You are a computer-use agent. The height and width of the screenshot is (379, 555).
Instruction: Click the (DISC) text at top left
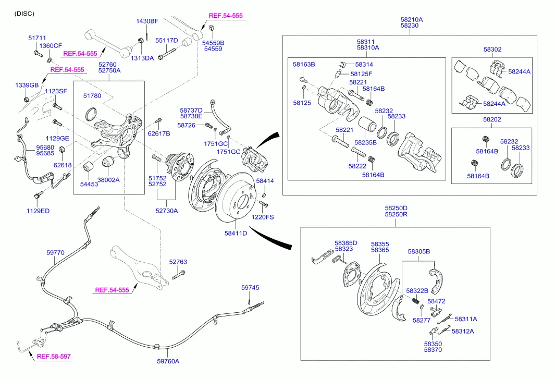pyautogui.click(x=24, y=14)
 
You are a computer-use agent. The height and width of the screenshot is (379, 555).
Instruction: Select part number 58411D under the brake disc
pyautogui.click(x=236, y=233)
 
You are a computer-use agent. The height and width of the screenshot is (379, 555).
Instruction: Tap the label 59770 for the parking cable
pyautogui.click(x=55, y=252)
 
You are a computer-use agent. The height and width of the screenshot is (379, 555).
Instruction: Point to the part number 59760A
pyautogui.click(x=168, y=361)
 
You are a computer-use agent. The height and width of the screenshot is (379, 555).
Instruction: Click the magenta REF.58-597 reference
pyautogui.click(x=54, y=357)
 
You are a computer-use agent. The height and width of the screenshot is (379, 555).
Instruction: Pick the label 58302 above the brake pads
pyautogui.click(x=492, y=50)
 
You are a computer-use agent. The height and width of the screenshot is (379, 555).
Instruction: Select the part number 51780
pyautogui.click(x=94, y=96)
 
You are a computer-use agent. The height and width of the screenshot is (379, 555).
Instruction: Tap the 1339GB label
pyautogui.click(x=27, y=85)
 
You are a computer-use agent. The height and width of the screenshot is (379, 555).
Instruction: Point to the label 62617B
pyautogui.click(x=158, y=133)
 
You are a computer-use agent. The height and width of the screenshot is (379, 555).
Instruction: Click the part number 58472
pyautogui.click(x=436, y=301)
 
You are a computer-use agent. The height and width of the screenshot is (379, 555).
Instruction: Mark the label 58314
pyautogui.click(x=364, y=64)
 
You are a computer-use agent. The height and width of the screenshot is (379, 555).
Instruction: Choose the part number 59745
pyautogui.click(x=250, y=288)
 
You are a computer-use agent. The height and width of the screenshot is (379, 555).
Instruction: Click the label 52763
pyautogui.click(x=178, y=262)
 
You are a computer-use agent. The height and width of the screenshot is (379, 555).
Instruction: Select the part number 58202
pyautogui.click(x=492, y=119)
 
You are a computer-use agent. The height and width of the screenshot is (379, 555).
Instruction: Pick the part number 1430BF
pyautogui.click(x=147, y=21)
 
